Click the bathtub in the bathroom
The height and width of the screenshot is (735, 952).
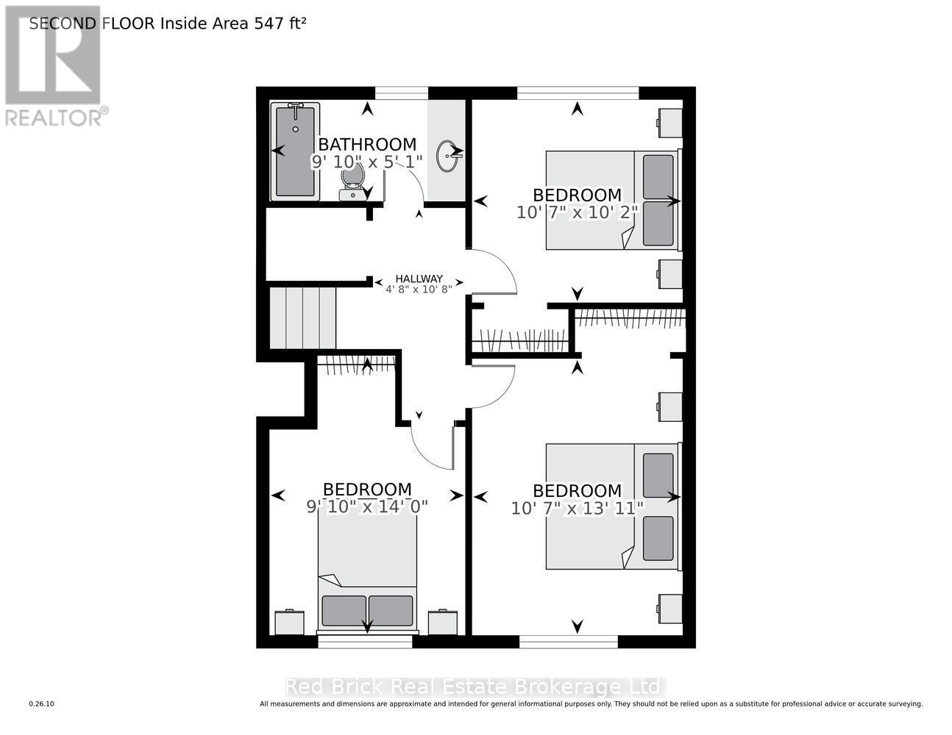295,151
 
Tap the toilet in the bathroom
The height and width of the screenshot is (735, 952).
352,182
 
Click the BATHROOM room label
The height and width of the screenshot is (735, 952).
366,145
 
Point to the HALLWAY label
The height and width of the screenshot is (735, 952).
419,279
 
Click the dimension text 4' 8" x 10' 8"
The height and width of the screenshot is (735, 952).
419,290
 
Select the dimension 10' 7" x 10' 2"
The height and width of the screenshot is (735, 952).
578,212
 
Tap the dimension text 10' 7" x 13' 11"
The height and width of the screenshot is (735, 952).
578,508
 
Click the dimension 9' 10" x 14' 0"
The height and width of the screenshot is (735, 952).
367,506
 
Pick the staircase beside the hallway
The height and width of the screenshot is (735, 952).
302,318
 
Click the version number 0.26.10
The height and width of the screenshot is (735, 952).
41,704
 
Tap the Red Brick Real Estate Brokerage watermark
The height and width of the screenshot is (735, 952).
475,686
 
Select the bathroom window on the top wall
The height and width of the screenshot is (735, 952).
401,93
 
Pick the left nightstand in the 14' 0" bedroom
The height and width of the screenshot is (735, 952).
289,622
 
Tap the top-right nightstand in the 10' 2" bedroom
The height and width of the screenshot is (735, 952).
669,122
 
